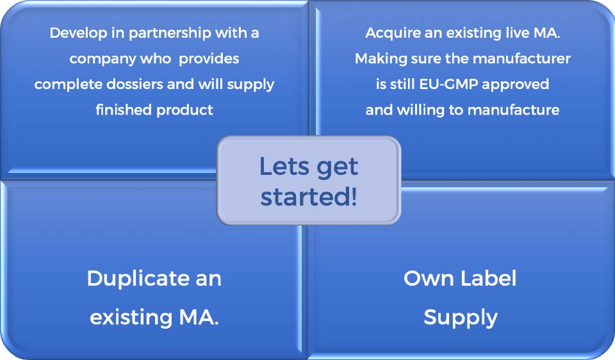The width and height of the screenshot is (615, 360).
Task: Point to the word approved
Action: tap(515, 85)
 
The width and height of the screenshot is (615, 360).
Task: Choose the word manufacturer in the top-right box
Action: tap(521, 59)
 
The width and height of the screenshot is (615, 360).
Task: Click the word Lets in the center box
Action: tap(284, 167)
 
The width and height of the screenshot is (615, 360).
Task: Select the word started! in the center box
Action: tap(309, 197)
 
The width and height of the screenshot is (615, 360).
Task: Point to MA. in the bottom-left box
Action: tap(199, 318)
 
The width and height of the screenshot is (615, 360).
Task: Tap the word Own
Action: tap(429, 279)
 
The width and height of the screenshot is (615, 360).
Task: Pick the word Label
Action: tap(488, 279)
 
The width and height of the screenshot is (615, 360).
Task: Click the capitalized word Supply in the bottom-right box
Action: tap(461, 318)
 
